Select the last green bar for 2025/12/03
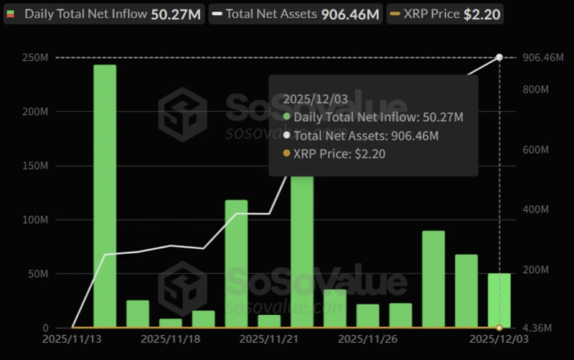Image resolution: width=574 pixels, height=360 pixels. coord(499,300)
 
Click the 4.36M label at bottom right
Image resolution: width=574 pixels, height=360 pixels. coord(535,328)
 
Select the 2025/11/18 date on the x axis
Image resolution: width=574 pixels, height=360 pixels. coord(169,337)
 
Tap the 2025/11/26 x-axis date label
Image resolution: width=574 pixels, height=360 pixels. coord(366,337)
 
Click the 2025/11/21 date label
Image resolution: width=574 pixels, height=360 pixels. coord(268,337)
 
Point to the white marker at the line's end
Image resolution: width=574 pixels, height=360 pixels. coord(499,57)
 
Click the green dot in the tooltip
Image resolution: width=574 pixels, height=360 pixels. coord(287,117)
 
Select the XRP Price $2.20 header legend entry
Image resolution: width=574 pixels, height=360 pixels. coord(445,14)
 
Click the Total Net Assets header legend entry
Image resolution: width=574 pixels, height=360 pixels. coord(295,14)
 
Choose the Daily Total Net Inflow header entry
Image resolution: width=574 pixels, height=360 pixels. coord(104,14)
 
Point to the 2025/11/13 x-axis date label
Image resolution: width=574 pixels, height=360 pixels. coord(72,337)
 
